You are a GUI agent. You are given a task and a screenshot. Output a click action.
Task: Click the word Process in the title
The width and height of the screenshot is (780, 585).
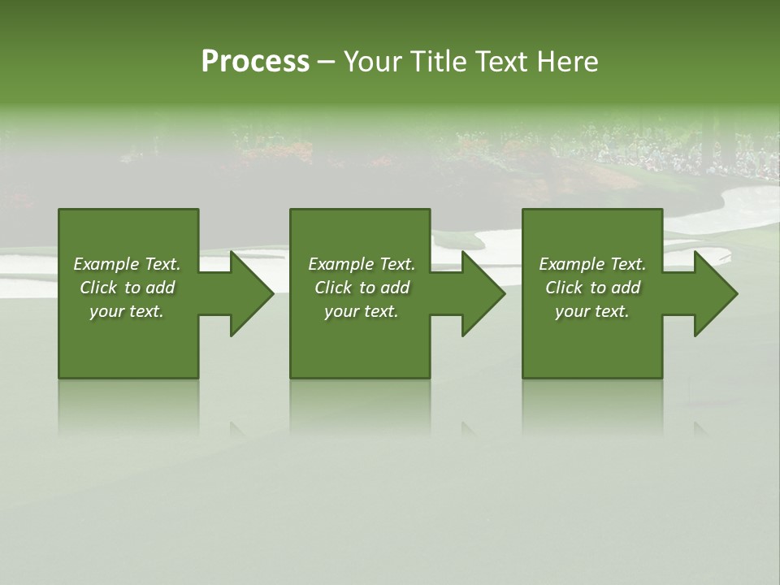[255, 62]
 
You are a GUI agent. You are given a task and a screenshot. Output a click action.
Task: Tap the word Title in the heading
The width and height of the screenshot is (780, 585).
[437, 62]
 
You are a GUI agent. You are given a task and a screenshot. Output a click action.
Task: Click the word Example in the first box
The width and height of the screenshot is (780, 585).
[105, 264]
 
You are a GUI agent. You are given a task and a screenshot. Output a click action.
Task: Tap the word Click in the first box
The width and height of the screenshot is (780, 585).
[98, 288]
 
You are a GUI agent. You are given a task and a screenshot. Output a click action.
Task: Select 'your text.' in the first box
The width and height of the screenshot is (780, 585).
[127, 311]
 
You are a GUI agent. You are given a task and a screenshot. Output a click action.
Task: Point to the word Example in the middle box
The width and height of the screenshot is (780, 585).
[340, 264]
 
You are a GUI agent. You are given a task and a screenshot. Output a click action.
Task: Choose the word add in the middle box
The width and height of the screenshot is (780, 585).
[395, 288]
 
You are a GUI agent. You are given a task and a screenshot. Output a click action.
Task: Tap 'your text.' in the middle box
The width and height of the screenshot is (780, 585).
[362, 311]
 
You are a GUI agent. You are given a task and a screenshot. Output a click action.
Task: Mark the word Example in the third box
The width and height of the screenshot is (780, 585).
[570, 264]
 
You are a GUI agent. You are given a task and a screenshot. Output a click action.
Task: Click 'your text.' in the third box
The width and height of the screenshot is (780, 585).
[592, 311]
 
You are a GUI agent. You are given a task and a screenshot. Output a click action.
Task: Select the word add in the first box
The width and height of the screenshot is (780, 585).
[160, 288]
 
